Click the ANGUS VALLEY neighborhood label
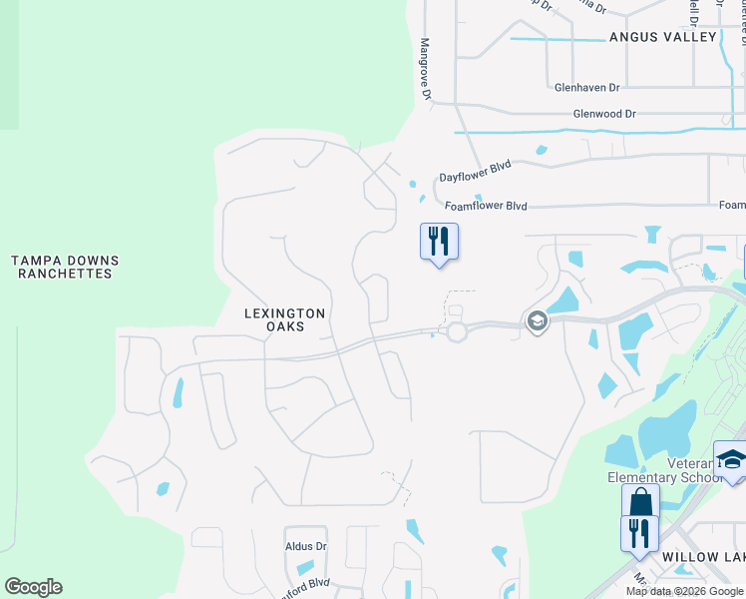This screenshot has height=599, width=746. (663, 37)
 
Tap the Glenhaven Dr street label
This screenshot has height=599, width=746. (595, 87)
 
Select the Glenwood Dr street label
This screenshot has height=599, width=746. (604, 114)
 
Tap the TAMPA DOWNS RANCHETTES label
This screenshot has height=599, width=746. (65, 267)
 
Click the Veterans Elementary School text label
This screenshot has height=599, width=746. (666, 470)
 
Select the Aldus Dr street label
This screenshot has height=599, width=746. (305, 546)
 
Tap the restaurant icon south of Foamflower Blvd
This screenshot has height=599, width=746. (439, 242)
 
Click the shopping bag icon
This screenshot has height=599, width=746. (640, 502)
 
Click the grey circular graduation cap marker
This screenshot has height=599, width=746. (537, 321)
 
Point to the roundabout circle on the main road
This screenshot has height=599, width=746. (458, 331)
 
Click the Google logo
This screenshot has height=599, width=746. (33, 587)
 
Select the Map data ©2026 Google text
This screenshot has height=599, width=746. (685, 591)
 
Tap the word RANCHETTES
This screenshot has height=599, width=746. (65, 274)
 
